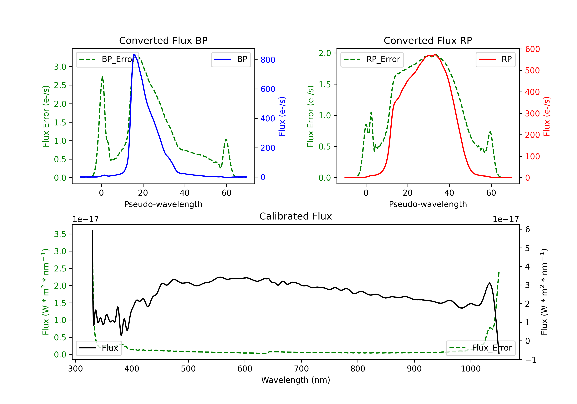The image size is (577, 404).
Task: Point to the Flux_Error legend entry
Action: click(480, 348)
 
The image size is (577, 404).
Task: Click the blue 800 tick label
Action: click(268, 60)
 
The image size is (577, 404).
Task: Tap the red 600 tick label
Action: click(532, 49)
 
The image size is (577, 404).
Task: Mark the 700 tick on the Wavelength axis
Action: click(301, 369)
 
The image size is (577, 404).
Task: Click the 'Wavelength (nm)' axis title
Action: click(296, 380)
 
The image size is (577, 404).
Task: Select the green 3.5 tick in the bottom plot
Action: click(60, 234)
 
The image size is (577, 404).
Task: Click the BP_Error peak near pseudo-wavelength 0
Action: click(102, 77)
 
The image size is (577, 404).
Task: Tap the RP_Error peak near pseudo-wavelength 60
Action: click(490, 132)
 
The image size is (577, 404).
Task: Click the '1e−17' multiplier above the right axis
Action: click(506, 220)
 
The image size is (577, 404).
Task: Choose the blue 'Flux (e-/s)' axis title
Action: click(282, 116)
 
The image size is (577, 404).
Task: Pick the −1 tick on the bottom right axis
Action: click(530, 360)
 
